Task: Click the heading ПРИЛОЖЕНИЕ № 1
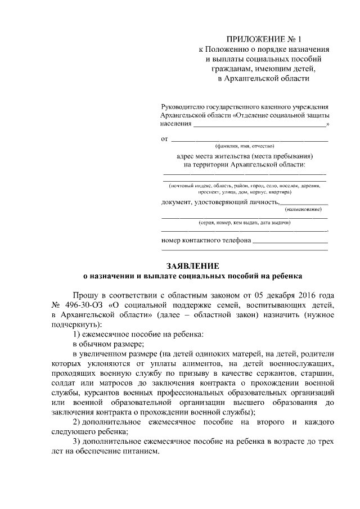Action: coord(264,39)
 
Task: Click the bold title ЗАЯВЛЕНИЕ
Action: coord(192,265)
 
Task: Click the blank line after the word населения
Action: coord(259,124)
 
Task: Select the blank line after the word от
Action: coord(249,139)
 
